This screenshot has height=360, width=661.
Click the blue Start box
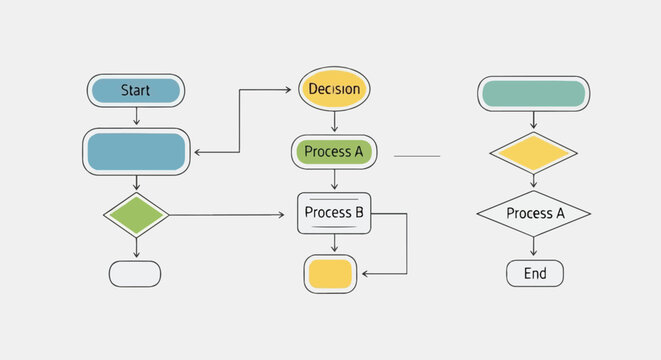pos(136,90)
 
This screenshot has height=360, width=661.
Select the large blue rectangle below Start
pos(136,152)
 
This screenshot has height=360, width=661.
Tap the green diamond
pos(136,215)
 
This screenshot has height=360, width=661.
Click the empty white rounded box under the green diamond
pos(135,273)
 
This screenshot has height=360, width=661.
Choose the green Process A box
pos(334,152)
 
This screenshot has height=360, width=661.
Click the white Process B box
pos(334,213)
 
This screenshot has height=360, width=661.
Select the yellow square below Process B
pos(330,273)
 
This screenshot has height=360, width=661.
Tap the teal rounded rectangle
pos(533,94)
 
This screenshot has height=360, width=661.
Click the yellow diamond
pos(533,153)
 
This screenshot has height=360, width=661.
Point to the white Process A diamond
pos(533,213)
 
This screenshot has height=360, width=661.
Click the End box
pos(535,273)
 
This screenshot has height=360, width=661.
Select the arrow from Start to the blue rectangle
pos(136,116)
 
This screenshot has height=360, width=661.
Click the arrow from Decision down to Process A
pos(334,122)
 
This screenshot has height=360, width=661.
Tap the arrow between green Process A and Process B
pos(334,181)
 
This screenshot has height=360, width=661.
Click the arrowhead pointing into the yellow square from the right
pos(366,273)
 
